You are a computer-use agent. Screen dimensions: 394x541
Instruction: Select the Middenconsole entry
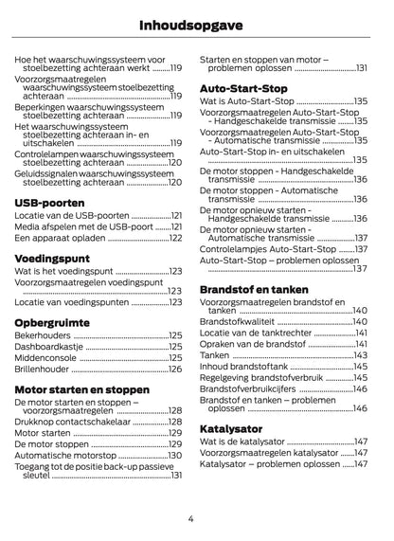pos(46,358)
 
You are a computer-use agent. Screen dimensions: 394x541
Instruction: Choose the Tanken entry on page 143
pos(216,355)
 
